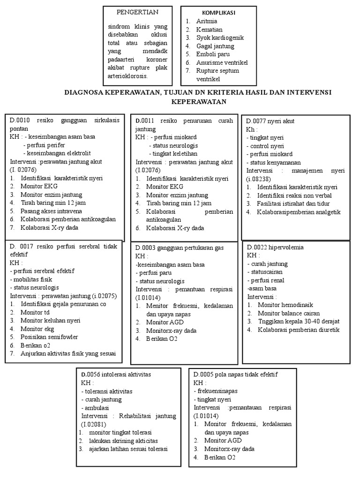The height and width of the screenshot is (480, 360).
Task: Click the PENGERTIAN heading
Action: (x=137, y=12)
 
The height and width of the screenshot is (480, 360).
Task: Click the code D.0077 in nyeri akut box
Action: (x=256, y=121)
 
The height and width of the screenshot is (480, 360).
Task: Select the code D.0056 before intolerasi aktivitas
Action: (x=91, y=375)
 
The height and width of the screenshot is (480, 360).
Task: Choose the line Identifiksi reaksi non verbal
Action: (x=294, y=195)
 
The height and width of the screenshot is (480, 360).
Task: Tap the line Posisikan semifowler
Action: (x=49, y=337)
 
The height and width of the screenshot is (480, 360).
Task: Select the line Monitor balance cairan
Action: (x=289, y=313)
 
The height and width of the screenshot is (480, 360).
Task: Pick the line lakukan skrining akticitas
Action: (x=123, y=441)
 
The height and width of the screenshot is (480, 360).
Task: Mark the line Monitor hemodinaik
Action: (x=284, y=305)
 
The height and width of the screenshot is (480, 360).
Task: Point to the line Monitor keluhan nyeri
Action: (x=50, y=321)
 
